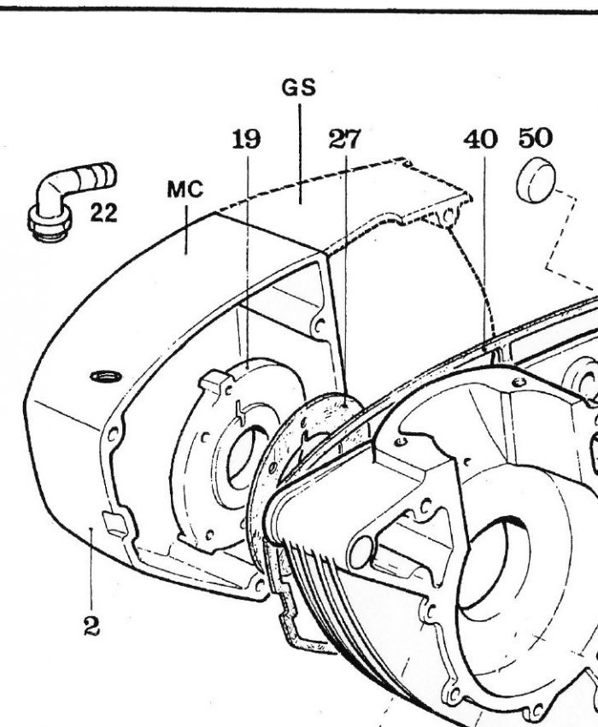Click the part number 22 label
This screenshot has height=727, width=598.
pyautogui.click(x=103, y=214)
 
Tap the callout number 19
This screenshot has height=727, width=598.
pyautogui.click(x=246, y=139)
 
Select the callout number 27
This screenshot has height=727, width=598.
pyautogui.click(x=344, y=139)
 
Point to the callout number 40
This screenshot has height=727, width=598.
pyautogui.click(x=480, y=139)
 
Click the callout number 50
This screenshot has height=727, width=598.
pyautogui.click(x=536, y=138)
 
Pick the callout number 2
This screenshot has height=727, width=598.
pyautogui.click(x=91, y=627)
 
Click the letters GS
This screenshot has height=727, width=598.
pyautogui.click(x=299, y=88)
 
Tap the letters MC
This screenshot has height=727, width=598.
pyautogui.click(x=185, y=190)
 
